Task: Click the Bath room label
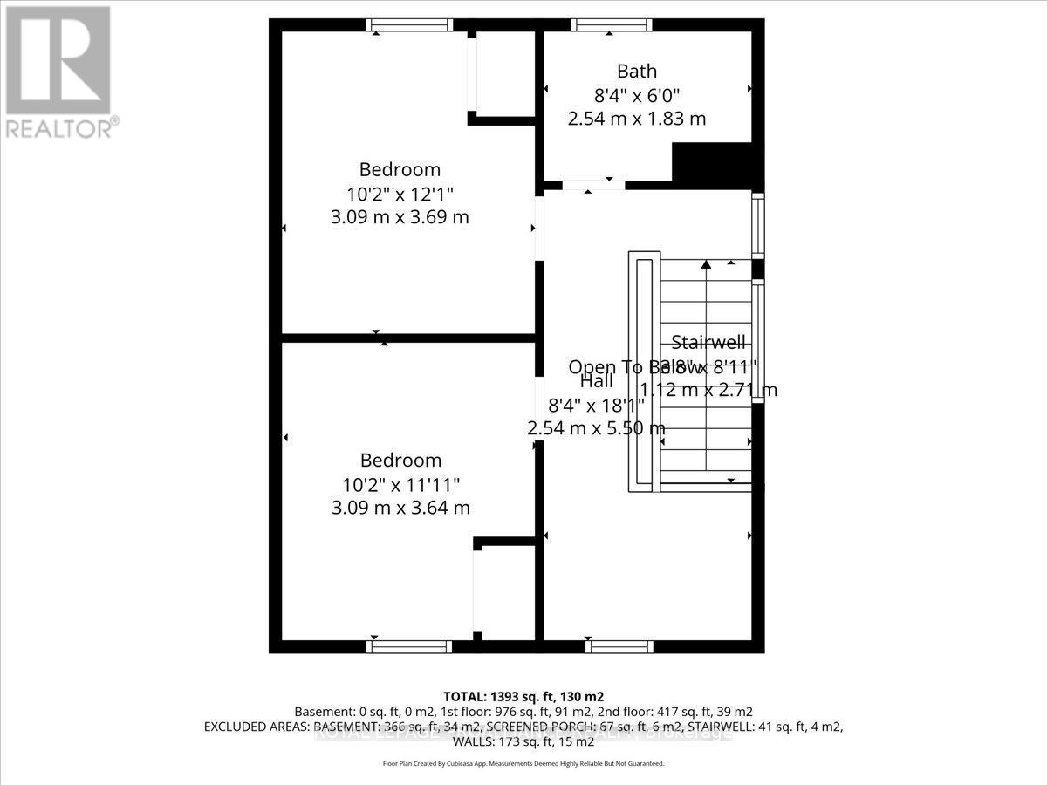[636, 72]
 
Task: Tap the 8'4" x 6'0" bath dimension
[636, 95]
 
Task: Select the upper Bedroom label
[400, 169]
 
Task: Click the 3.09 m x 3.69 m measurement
[400, 216]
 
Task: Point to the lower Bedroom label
[400, 460]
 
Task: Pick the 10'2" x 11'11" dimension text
[400, 483]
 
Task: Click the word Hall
[596, 382]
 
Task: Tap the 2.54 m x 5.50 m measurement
[596, 428]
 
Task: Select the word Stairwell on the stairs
[708, 343]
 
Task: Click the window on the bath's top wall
[611, 25]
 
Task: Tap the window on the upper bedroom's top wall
[407, 25]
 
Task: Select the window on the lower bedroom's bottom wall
[407, 646]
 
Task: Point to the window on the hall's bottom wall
[619, 646]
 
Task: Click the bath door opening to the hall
[593, 185]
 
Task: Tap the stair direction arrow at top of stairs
[706, 263]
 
